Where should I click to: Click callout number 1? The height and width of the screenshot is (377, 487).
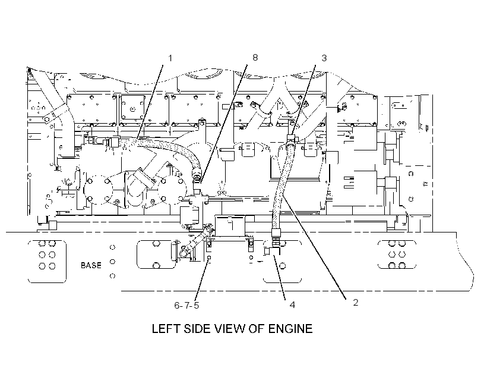click(170, 58)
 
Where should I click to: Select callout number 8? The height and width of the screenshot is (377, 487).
click(255, 58)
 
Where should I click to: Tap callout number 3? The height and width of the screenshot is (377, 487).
click(324, 58)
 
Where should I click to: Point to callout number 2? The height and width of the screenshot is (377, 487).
click(356, 302)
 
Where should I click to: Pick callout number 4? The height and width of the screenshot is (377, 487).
click(292, 305)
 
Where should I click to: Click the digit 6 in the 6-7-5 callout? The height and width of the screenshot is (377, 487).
click(177, 306)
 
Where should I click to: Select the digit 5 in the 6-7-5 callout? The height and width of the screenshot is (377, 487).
click(196, 306)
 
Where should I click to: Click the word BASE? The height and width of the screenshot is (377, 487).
click(91, 265)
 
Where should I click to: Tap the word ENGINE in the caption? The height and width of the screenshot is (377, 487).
click(290, 329)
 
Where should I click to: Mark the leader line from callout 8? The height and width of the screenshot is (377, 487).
click(224, 124)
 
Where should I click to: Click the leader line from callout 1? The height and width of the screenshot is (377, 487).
click(149, 102)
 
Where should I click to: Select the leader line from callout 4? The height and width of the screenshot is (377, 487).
click(279, 277)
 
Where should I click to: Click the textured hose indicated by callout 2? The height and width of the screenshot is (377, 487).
click(282, 187)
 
